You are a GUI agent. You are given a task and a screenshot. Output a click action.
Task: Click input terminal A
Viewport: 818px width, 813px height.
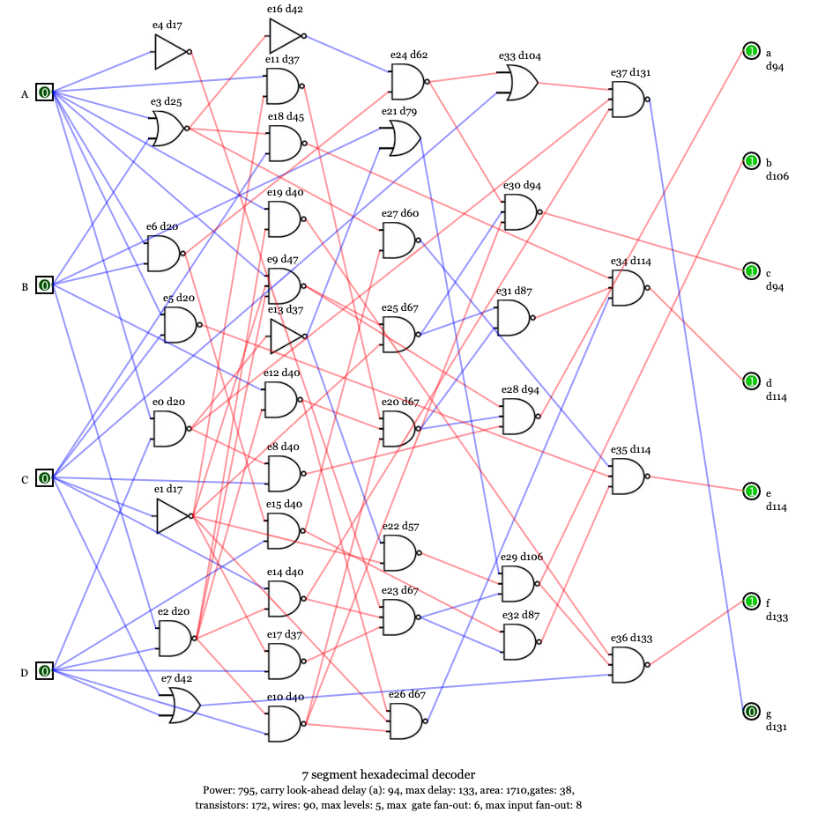[x=45, y=92]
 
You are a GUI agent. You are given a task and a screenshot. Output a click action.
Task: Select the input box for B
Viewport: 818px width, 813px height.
[x=45, y=285]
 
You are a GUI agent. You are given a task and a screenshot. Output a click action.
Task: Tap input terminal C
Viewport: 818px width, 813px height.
[x=45, y=478]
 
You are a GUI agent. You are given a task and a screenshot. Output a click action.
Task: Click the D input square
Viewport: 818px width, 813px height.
[x=43, y=671]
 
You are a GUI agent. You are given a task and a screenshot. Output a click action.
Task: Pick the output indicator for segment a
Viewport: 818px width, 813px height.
[x=751, y=52]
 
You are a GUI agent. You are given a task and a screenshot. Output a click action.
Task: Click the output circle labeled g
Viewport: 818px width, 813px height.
[x=751, y=712]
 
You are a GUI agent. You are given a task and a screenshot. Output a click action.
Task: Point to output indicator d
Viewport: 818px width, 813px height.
[x=751, y=381]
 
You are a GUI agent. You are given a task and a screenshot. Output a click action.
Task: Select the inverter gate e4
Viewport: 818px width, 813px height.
[x=171, y=52]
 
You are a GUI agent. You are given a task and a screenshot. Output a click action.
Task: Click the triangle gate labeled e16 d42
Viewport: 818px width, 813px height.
[x=285, y=36]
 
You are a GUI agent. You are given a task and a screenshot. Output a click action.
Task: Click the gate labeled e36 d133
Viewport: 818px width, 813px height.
[x=628, y=665]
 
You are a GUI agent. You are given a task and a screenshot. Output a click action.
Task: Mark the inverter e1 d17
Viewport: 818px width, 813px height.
[x=172, y=516]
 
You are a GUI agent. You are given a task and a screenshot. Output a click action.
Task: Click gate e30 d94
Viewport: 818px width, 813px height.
[x=520, y=212]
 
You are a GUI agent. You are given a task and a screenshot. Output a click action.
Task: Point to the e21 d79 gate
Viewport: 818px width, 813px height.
[x=399, y=138]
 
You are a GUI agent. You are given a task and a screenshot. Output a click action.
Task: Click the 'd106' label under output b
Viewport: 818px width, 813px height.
[x=777, y=176]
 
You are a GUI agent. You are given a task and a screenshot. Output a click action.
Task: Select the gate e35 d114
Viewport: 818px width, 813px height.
[x=628, y=477]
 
